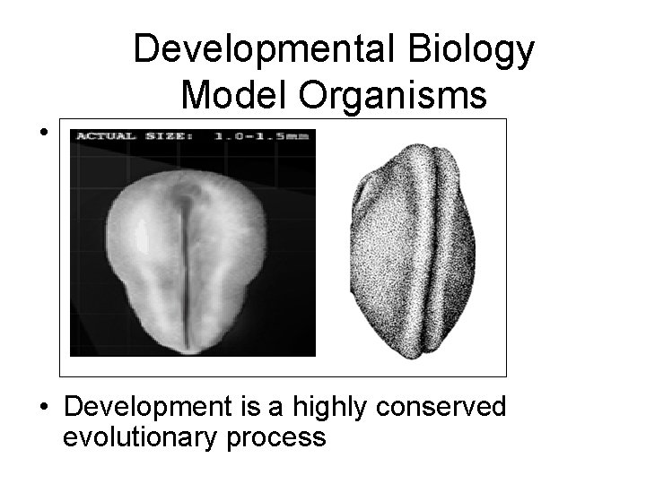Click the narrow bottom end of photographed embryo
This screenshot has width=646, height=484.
(189, 341)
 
